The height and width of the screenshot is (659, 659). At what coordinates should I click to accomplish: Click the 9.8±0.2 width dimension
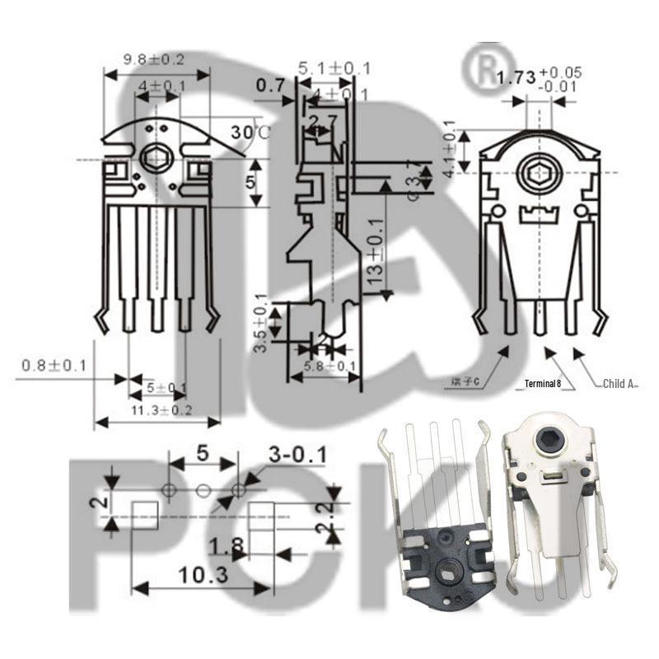tap(153, 59)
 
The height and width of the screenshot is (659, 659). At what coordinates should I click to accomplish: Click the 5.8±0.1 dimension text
tap(329, 366)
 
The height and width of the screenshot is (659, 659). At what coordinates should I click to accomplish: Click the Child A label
tap(619, 383)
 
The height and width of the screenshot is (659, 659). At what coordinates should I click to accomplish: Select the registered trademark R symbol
tap(480, 68)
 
